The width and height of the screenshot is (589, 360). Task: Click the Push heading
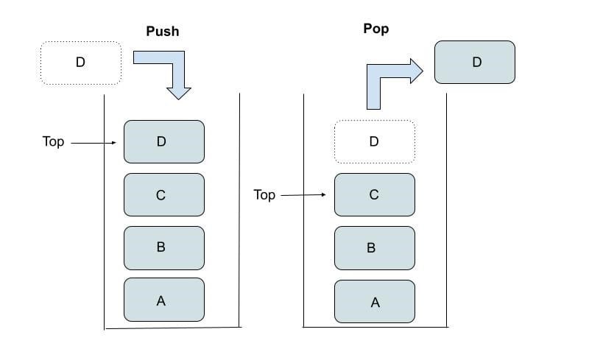pyautogui.click(x=161, y=32)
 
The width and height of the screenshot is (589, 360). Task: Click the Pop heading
pyautogui.click(x=375, y=29)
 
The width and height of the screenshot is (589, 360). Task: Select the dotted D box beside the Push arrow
pyautogui.click(x=80, y=63)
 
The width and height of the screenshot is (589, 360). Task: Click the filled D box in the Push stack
pyautogui.click(x=163, y=141)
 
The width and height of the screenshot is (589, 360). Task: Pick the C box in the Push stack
pyautogui.click(x=163, y=194)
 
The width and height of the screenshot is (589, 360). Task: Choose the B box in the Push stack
pyautogui.click(x=163, y=247)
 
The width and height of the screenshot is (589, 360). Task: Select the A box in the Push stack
pyautogui.click(x=163, y=299)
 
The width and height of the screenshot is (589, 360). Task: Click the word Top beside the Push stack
pyautogui.click(x=53, y=141)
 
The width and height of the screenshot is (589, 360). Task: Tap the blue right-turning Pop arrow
pyautogui.click(x=390, y=80)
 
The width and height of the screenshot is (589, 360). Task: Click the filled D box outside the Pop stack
pyautogui.click(x=475, y=62)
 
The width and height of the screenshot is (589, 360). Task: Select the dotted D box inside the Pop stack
pyautogui.click(x=374, y=141)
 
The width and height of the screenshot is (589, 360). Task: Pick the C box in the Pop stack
pyautogui.click(x=374, y=195)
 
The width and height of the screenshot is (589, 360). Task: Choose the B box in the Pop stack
pyautogui.click(x=374, y=248)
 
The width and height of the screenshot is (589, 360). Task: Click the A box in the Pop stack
pyautogui.click(x=374, y=301)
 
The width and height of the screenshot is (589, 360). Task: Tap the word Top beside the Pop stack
pyautogui.click(x=264, y=195)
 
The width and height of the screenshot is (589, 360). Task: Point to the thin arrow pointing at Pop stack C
pyautogui.click(x=303, y=195)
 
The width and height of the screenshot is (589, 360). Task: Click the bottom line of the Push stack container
pyautogui.click(x=172, y=328)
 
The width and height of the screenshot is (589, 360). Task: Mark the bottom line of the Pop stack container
pyautogui.click(x=375, y=327)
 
